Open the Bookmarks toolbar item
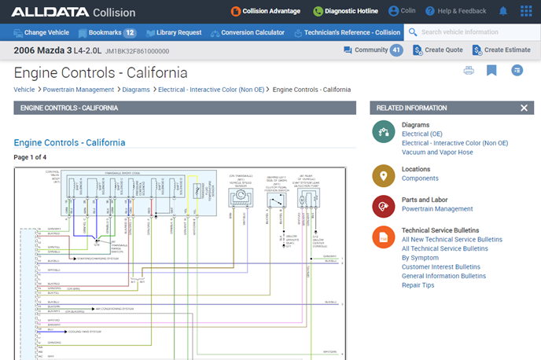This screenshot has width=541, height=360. [x=106, y=33]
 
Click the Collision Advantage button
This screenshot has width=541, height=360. [x=265, y=12]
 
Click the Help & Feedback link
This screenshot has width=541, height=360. [x=455, y=12]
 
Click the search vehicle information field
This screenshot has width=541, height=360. [x=472, y=33]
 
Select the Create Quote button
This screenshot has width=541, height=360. [x=439, y=50]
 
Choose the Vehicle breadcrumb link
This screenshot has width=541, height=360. [x=24, y=90]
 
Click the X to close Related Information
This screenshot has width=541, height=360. [x=524, y=108]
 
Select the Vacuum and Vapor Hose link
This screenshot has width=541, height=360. [x=437, y=152]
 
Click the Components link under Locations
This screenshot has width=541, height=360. [x=420, y=178]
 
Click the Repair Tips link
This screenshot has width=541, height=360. [x=418, y=285]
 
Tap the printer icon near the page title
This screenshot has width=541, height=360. [x=469, y=71]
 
